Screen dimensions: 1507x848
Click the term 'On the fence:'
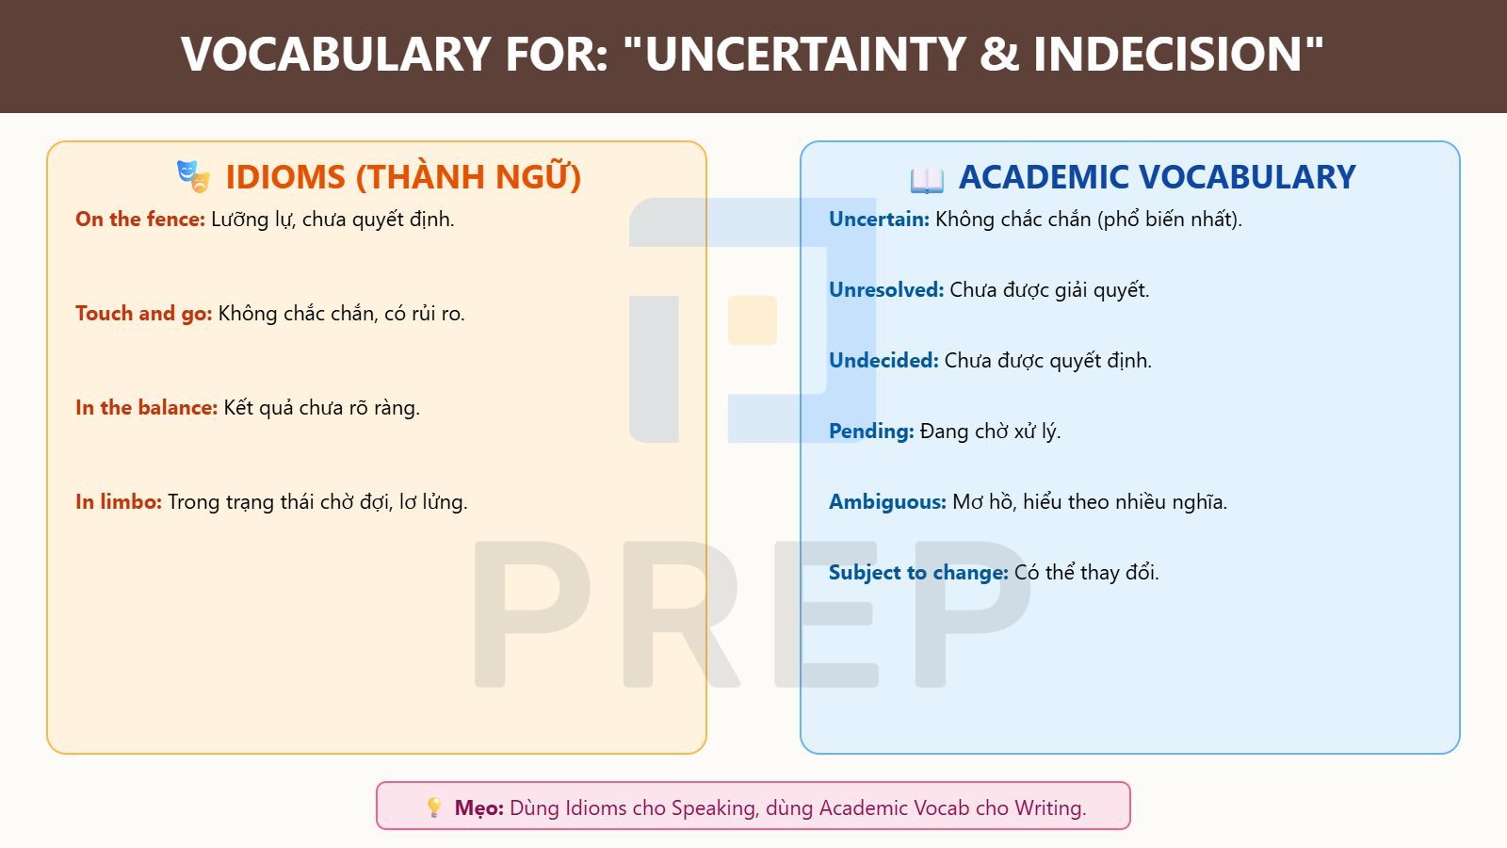tap(140, 220)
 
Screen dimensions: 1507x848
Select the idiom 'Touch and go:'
tap(143, 314)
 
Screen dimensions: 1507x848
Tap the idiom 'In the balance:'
tap(146, 408)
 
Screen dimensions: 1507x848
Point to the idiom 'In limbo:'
tap(119, 502)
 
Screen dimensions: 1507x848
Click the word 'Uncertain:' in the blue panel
tap(879, 220)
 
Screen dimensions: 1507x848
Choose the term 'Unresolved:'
tap(886, 290)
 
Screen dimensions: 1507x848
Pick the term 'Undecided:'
tap(883, 361)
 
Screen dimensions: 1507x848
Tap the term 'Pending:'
tap(871, 432)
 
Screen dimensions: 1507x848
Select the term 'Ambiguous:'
tap(887, 502)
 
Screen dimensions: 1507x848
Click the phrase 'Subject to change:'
tap(918, 573)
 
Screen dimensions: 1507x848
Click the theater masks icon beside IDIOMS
tap(194, 176)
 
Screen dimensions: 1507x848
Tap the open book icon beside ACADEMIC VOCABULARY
tap(927, 180)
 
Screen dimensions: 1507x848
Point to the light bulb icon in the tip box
tap(434, 807)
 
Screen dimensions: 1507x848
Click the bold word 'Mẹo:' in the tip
tap(479, 807)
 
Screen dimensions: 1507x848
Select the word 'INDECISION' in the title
tap(1169, 54)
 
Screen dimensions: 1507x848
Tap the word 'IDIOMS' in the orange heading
tap(285, 177)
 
